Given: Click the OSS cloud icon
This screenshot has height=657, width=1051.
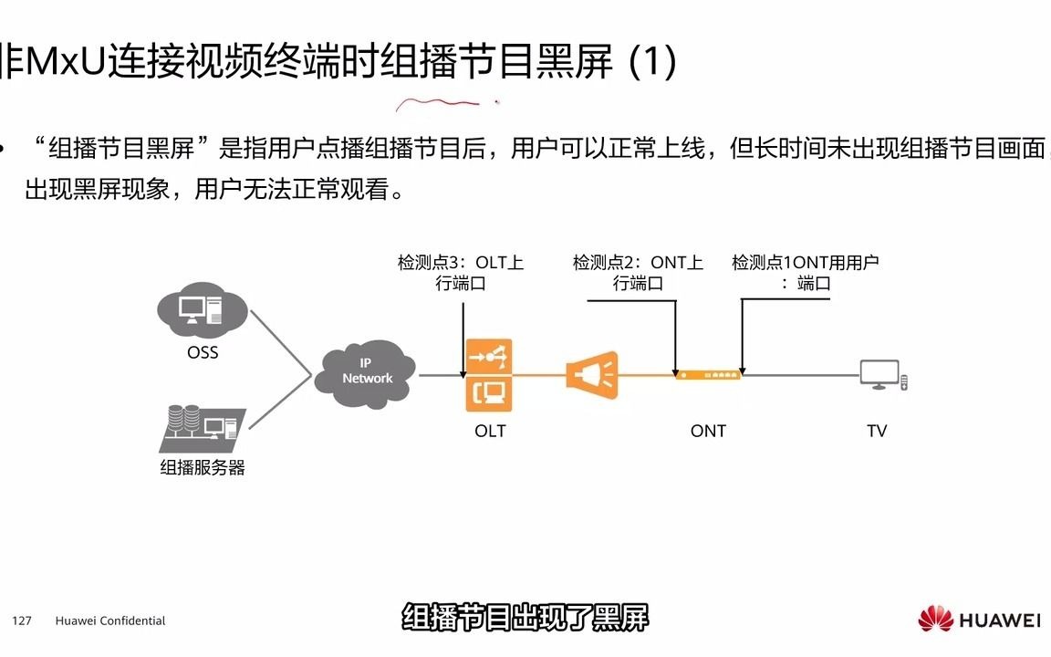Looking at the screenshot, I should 202,309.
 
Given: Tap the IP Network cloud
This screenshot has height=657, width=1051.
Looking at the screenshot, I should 366,372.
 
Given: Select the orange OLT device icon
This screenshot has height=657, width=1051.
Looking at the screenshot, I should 489,374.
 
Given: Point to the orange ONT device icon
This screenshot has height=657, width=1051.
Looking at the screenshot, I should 708,373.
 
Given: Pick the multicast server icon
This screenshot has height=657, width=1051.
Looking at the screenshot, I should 201,428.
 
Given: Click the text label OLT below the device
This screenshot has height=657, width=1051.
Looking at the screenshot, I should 490,431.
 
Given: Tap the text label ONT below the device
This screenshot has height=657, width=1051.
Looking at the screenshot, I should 708,431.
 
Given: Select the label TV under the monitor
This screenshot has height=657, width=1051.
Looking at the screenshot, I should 877,431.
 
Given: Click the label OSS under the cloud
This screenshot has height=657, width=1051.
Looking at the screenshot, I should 203,352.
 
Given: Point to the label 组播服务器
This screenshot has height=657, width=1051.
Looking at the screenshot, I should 203,468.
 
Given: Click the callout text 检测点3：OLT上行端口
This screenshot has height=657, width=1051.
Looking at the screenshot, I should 461,273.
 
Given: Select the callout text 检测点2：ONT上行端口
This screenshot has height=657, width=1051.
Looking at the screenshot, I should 638,273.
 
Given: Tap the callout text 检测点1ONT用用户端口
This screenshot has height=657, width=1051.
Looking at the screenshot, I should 805,273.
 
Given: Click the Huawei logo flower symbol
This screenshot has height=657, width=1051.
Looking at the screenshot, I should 935,620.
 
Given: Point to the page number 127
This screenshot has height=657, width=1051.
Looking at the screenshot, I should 22,620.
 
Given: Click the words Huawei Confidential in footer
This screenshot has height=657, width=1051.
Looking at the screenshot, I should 110,620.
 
